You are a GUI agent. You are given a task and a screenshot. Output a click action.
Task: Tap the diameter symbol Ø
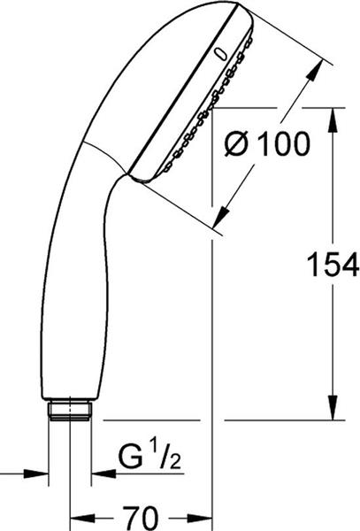coord(238,144)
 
